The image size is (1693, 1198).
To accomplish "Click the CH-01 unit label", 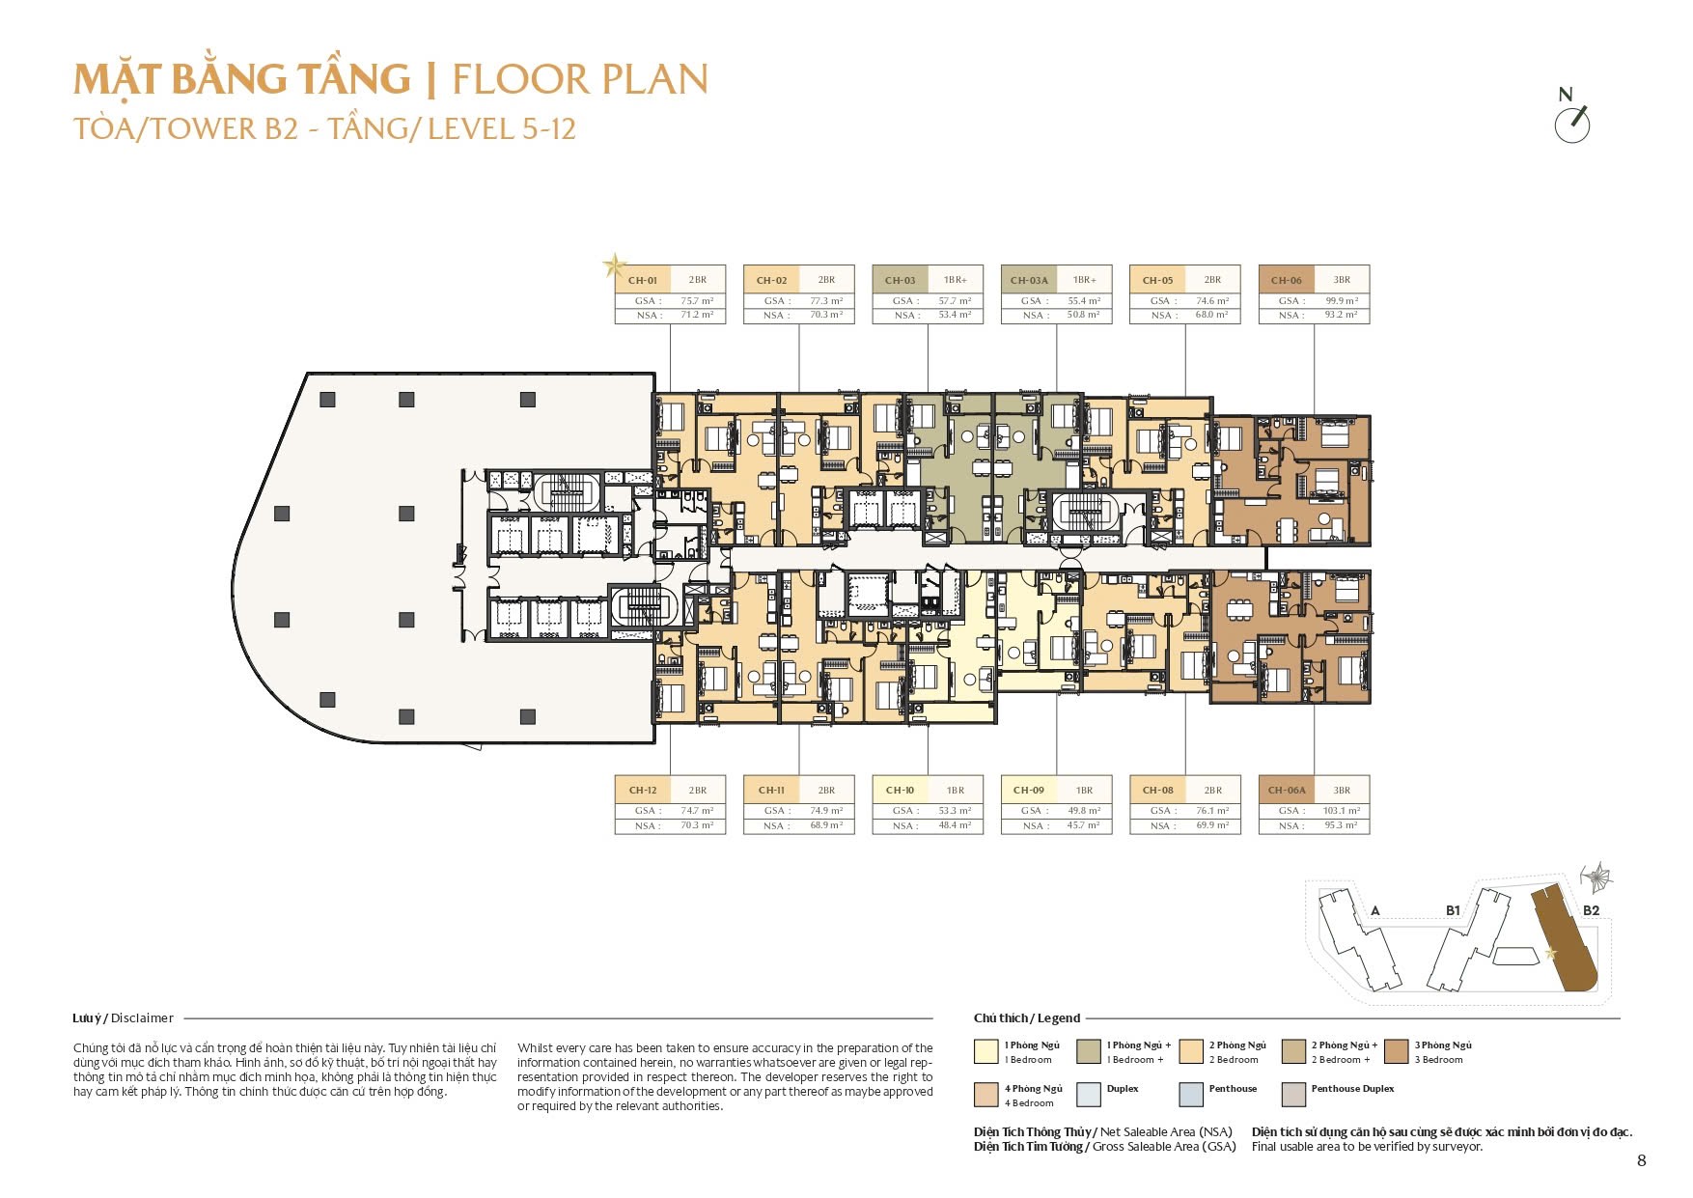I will (x=642, y=281).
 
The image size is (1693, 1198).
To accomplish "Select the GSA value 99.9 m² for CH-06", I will (x=1342, y=301).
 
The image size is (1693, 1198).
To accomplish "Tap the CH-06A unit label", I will (x=1288, y=791).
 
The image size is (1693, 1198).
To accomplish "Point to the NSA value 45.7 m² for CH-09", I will (x=1084, y=825).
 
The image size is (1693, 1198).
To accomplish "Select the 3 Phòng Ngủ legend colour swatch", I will (x=1396, y=1051).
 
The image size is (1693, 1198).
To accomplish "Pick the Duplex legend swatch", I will (x=1089, y=1095).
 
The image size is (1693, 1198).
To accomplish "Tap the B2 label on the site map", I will (x=1591, y=910).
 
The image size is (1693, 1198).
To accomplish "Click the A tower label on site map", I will (x=1375, y=910).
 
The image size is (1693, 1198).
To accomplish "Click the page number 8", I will (x=1642, y=1161).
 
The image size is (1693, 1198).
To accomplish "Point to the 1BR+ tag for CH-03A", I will (x=1084, y=280).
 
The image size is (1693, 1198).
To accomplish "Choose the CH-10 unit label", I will (x=900, y=791).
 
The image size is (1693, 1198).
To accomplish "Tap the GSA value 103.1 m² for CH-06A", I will (x=1342, y=811).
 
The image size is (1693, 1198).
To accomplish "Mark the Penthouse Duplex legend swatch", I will (x=1293, y=1095).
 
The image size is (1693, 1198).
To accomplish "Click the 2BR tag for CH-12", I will (x=698, y=791).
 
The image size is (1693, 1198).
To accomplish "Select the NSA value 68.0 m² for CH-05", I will (x=1212, y=315).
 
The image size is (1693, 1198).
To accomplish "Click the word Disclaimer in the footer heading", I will (x=142, y=1018).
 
